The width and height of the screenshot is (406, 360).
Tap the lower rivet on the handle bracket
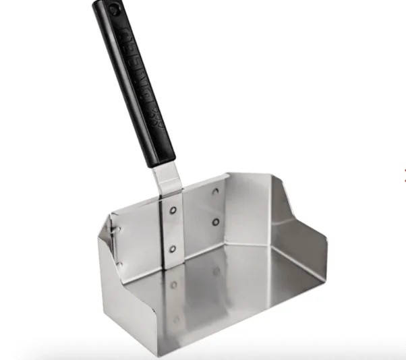[173, 249]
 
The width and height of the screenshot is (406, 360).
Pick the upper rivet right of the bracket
[215, 191]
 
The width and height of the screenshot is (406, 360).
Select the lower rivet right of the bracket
[216, 222]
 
